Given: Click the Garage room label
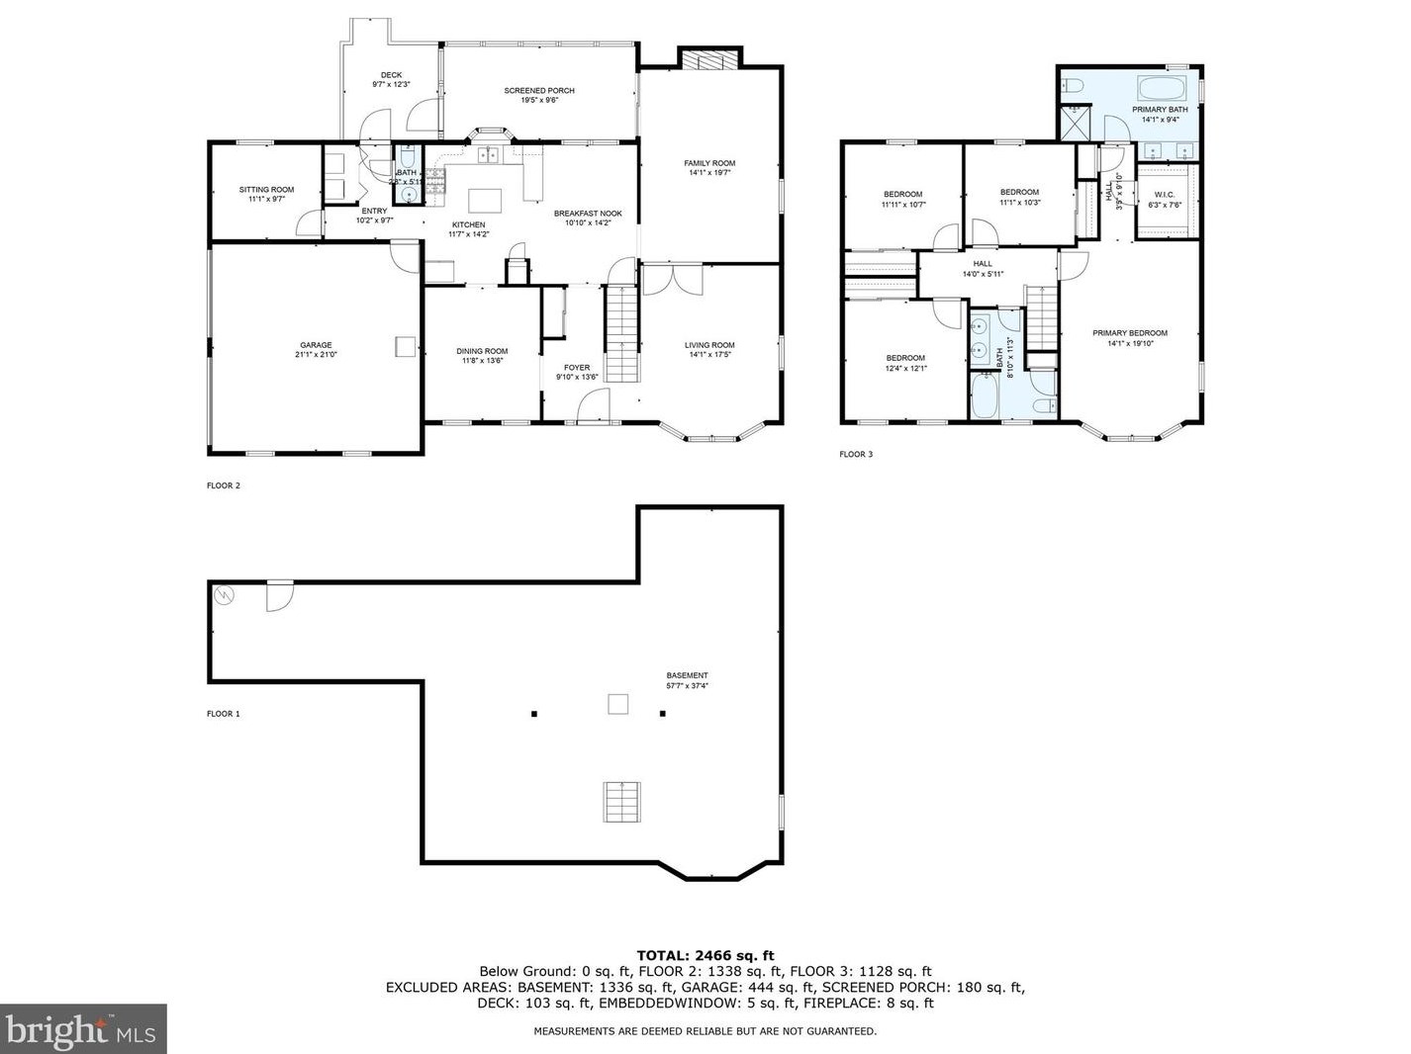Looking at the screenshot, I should tap(317, 345).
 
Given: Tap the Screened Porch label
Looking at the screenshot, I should tap(539, 91).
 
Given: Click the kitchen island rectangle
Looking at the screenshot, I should tap(485, 201).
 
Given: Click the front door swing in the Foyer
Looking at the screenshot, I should tap(593, 404).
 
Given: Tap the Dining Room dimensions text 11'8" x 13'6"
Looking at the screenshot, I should tap(482, 361).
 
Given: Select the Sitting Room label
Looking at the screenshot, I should tap(266, 190).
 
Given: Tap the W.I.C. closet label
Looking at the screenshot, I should tap(1164, 195).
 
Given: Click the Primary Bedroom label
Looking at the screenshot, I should tap(1130, 333).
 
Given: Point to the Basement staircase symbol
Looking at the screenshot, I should tap(619, 801).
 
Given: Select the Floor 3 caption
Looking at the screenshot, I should tap(856, 455).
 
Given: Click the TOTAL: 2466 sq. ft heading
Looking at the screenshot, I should tap(705, 955).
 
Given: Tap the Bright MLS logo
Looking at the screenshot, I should tap(83, 1029).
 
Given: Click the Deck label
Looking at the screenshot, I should tap(391, 75).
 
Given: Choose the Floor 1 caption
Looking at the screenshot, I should tap(223, 714).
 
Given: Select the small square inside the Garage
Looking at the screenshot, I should tap(406, 346).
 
